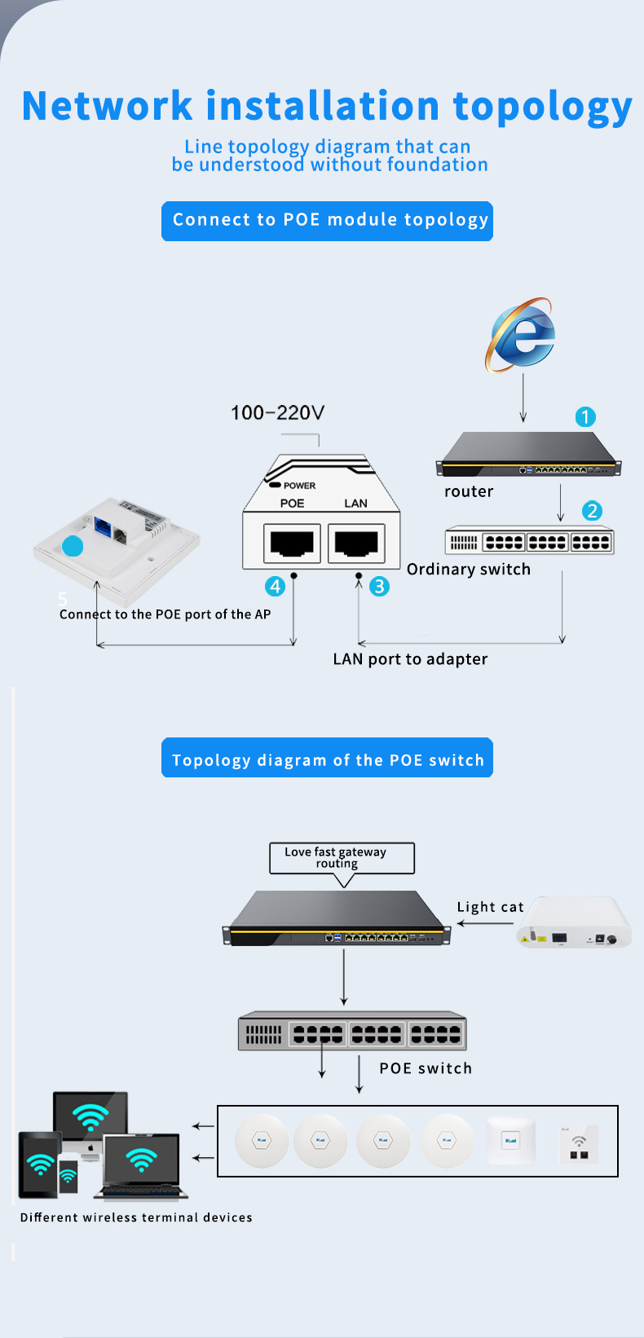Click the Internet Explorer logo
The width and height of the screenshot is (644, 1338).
(522, 336)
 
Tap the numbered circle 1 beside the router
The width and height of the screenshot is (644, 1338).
(585, 417)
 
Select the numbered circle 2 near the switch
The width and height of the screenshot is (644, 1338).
(592, 511)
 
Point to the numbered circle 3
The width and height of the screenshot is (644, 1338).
(379, 587)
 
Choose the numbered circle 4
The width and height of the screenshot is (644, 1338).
(276, 587)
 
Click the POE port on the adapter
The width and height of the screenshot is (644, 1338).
(292, 543)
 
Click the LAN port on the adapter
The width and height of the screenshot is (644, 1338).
(356, 543)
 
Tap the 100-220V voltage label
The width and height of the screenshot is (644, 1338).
(277, 413)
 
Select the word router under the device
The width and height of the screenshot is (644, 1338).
(469, 491)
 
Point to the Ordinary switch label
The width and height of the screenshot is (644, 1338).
(469, 570)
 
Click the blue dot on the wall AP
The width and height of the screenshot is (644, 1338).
(73, 546)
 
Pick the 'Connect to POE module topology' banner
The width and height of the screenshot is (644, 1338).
(327, 221)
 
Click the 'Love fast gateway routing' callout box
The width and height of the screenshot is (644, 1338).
(342, 858)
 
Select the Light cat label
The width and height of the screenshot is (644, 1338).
(490, 907)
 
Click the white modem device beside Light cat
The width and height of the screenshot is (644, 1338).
(575, 923)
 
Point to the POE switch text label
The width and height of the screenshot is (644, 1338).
(426, 1068)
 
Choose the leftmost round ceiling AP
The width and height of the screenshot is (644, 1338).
(262, 1140)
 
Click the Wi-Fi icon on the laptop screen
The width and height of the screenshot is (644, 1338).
(141, 1159)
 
